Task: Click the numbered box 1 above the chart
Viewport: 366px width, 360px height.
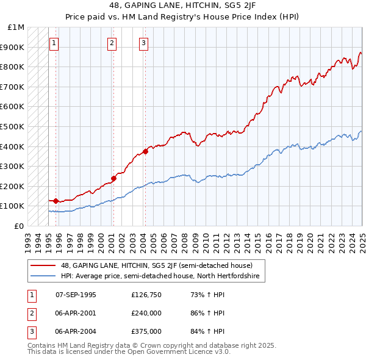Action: point(55,43)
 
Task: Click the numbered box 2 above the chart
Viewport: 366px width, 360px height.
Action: point(113,43)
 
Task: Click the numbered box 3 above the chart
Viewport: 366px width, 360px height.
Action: point(143,43)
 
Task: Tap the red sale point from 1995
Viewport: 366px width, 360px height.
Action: point(56,201)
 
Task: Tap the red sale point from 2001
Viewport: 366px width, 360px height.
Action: point(113,178)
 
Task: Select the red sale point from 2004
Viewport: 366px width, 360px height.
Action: point(145,151)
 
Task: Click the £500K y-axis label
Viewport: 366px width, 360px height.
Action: point(13,126)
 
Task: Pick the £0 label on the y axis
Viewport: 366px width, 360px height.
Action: point(20,226)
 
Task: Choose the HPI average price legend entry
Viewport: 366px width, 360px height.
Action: point(160,276)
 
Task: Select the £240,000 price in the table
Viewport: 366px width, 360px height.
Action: point(146,313)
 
